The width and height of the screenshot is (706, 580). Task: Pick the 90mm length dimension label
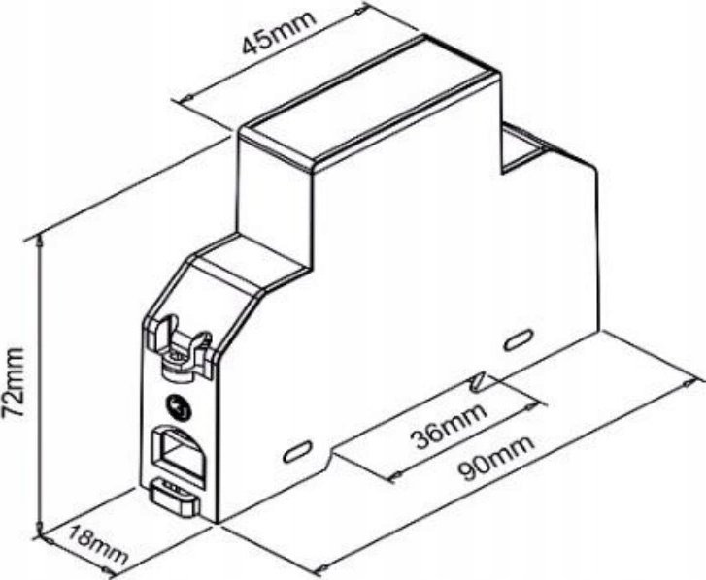[496, 458]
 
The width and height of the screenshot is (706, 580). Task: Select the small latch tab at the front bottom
[175, 499]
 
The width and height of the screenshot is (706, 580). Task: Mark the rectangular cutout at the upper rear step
[524, 149]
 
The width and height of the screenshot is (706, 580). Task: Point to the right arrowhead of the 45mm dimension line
[359, 11]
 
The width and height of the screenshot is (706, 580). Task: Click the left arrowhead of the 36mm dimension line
[396, 476]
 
